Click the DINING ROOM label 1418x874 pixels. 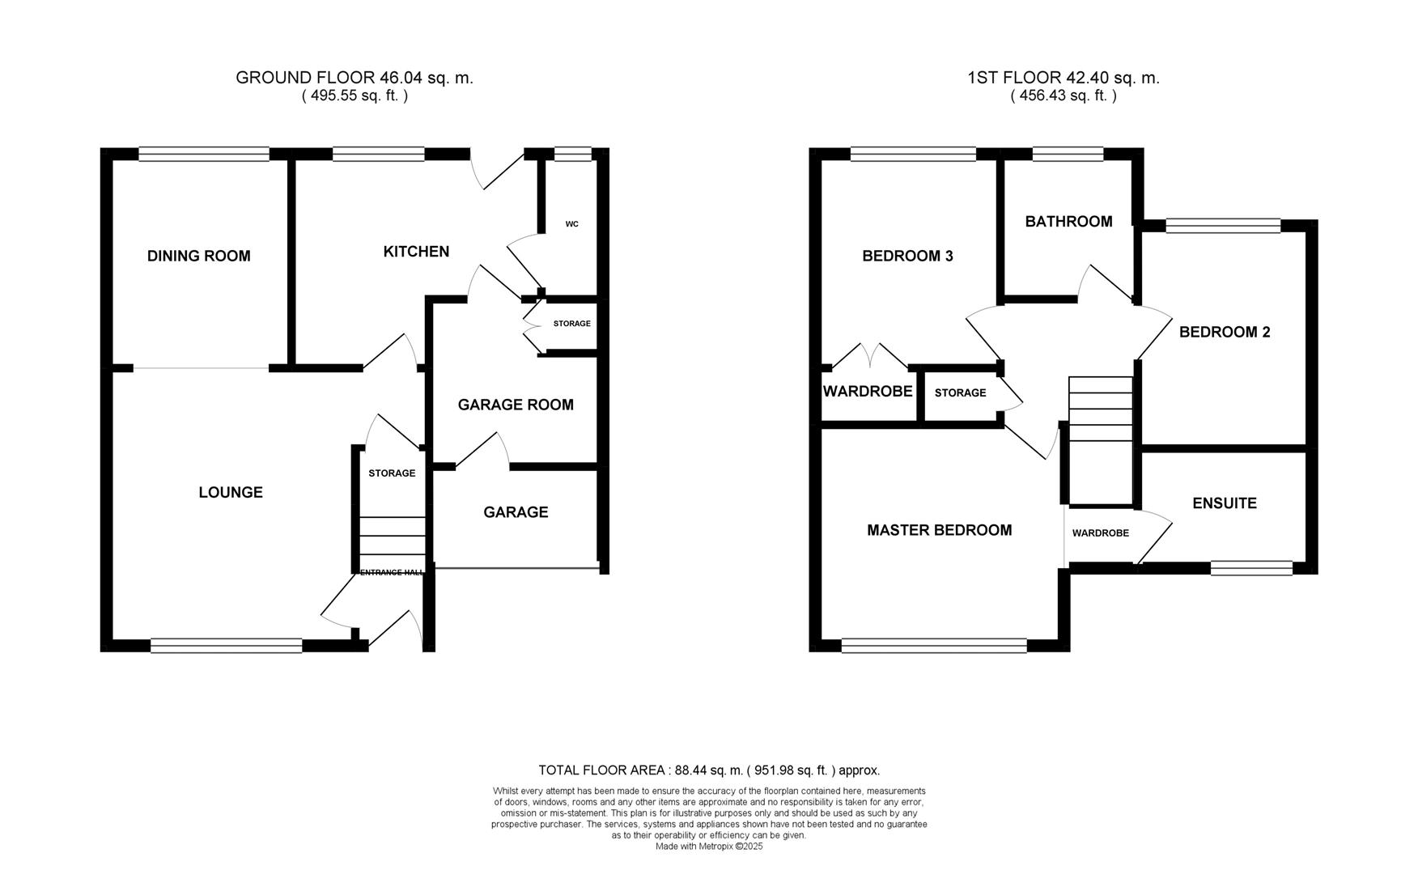click(x=198, y=256)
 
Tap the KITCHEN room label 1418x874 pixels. click(x=416, y=252)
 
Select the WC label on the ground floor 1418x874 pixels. click(x=571, y=224)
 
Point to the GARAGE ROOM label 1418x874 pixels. click(x=516, y=405)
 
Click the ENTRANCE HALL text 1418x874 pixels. click(x=391, y=572)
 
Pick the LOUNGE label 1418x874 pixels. click(x=231, y=492)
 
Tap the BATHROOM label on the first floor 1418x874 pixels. click(x=1068, y=222)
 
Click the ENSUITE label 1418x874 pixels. click(x=1224, y=503)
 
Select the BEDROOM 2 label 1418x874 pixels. click(x=1224, y=332)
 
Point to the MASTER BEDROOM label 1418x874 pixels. click(x=939, y=530)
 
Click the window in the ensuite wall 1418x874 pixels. click(x=1251, y=568)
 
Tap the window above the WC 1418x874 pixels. click(x=573, y=154)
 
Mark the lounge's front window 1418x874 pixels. click(x=226, y=645)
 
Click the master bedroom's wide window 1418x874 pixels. click(x=934, y=645)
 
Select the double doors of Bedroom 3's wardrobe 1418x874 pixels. click(x=869, y=357)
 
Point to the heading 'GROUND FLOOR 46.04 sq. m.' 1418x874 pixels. click(x=354, y=78)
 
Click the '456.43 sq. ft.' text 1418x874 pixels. click(x=1063, y=95)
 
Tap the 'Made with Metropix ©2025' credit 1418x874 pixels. click(x=709, y=846)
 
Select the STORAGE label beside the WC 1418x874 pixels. click(x=571, y=324)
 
